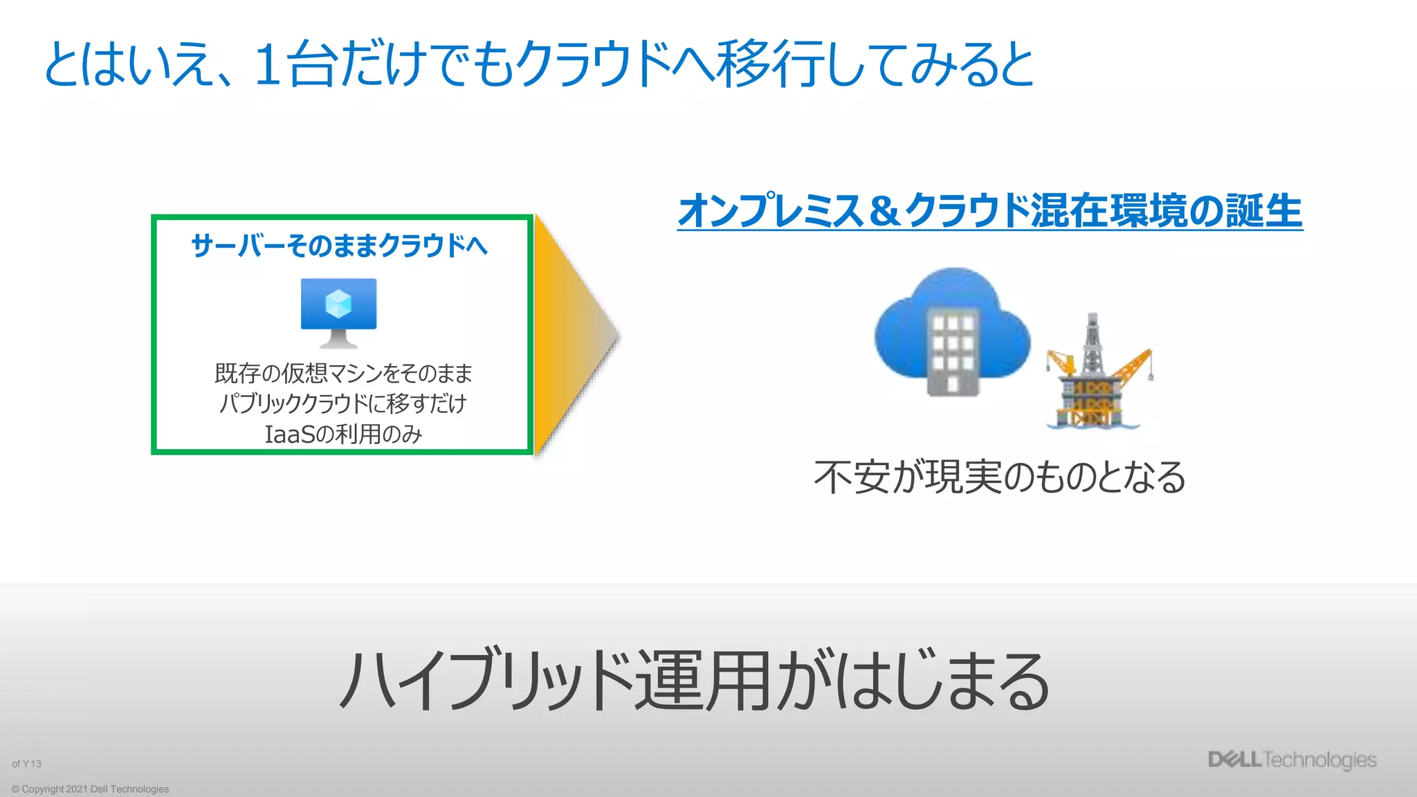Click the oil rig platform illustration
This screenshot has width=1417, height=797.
point(1097,374)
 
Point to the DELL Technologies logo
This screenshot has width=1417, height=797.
point(1292,760)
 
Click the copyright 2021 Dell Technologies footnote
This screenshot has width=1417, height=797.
point(90,789)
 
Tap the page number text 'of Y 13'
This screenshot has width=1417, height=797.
point(26,764)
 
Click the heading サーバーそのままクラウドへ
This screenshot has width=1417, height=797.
point(339,246)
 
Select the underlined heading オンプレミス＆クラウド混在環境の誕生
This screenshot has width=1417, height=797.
point(989,211)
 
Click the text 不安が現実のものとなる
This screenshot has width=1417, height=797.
point(1000,477)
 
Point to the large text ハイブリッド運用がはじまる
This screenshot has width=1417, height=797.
point(694,681)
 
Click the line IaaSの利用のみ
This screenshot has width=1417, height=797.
point(343,434)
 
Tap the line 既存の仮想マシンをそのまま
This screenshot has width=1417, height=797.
point(343,374)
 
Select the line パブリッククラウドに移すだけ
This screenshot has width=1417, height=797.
point(343,403)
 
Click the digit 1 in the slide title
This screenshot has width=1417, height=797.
point(268,64)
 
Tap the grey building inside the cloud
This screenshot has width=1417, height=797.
point(952,353)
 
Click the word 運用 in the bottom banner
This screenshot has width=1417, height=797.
point(702,681)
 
